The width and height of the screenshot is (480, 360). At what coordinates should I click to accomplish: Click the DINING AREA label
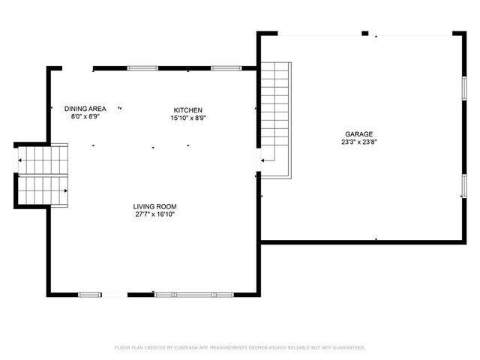[85, 109]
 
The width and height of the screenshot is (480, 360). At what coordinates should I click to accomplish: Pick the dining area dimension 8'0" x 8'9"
[85, 117]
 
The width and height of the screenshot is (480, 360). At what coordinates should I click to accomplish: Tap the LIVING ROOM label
[155, 206]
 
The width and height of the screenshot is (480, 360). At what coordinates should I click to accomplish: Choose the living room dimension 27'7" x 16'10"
[155, 214]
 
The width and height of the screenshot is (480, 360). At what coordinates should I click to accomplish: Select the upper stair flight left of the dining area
[43, 159]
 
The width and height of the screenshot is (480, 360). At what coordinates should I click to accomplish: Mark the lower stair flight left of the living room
[43, 190]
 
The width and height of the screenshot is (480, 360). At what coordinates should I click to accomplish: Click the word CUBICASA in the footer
[190, 348]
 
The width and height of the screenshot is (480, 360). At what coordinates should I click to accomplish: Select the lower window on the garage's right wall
[463, 185]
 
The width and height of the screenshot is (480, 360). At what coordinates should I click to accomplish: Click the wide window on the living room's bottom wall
[194, 293]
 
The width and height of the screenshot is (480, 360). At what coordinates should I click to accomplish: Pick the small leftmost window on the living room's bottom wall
[90, 293]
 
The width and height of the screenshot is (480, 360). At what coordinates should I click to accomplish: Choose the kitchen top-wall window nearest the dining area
[142, 68]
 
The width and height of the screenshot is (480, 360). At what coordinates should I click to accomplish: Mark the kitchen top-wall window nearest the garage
[222, 68]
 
